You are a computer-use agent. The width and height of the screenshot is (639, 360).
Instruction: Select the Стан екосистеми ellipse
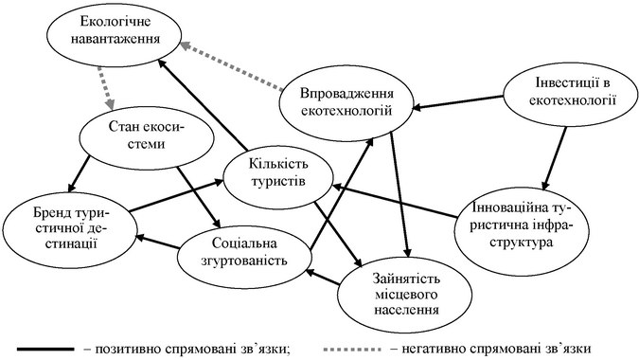pyautogui.click(x=146, y=137)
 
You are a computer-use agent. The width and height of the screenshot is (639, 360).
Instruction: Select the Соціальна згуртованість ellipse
pyautogui.click(x=244, y=253)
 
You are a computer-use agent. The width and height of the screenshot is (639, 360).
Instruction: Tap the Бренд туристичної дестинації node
pyautogui.click(x=69, y=229)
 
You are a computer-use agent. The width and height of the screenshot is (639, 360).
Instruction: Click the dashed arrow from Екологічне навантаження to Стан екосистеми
pyautogui.click(x=105, y=87)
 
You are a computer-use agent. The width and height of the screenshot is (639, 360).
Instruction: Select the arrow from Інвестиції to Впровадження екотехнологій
pyautogui.click(x=458, y=102)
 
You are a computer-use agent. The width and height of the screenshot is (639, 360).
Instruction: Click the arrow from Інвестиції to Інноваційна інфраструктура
pyautogui.click(x=555, y=158)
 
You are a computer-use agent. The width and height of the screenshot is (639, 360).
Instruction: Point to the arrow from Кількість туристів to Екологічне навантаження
pyautogui.click(x=203, y=105)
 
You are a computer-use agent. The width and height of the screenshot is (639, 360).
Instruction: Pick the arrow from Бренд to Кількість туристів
pyautogui.click(x=176, y=195)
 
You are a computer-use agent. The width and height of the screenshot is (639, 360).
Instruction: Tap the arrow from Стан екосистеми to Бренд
pyautogui.click(x=80, y=173)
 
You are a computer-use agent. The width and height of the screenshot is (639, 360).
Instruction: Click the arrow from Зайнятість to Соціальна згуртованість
pyautogui.click(x=323, y=277)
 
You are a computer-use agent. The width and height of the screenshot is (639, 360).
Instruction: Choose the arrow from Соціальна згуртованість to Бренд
pyautogui.click(x=158, y=242)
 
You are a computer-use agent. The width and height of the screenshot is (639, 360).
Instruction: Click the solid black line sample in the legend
pyautogui.click(x=45, y=350)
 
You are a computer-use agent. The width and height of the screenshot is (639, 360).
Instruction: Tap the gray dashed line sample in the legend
pyautogui.click(x=352, y=350)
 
